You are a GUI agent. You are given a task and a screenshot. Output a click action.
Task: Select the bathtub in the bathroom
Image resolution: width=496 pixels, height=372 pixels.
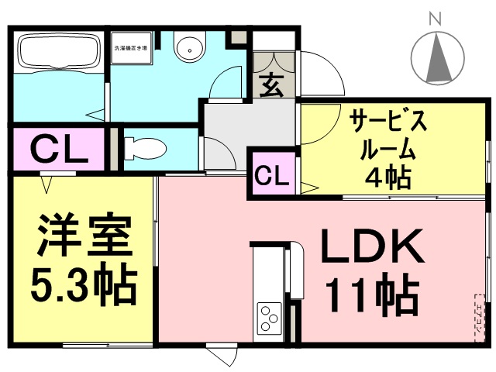pos(58,51)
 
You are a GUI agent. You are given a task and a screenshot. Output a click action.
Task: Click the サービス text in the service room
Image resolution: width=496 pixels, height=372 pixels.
pos(388,122)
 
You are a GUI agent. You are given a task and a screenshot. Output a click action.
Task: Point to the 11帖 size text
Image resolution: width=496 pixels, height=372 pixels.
pos(372,295)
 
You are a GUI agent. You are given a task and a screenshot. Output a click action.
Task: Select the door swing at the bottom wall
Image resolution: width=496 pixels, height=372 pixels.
pos(223,356)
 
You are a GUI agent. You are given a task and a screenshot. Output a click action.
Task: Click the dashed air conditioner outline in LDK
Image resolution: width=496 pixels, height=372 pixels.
pos(477,318)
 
